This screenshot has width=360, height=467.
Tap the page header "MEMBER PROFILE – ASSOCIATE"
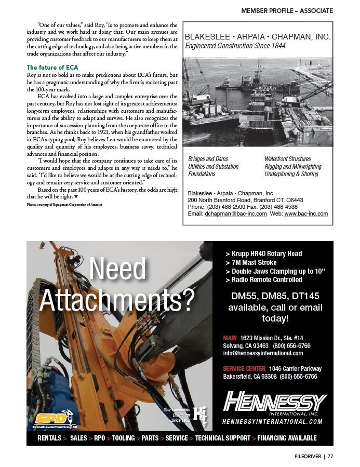pos(287,10)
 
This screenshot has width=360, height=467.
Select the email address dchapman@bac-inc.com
pos(236,214)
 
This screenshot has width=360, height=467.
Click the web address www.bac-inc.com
pos(306,214)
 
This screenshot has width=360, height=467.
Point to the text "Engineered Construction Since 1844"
pos(235,46)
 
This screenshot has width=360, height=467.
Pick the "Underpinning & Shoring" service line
pos(291,174)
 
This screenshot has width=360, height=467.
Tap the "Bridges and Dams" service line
pos(208,159)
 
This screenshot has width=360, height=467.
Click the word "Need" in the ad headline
pos(118,269)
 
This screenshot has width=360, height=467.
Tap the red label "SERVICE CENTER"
pos(244,369)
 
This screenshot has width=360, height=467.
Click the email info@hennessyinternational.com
pos(263,353)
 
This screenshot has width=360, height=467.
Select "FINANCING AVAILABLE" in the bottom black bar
pos(287,438)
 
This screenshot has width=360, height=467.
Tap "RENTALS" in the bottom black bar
pos(49,438)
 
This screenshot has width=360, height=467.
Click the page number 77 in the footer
pos(330,457)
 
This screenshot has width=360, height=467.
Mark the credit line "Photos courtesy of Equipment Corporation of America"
pos(64,205)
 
